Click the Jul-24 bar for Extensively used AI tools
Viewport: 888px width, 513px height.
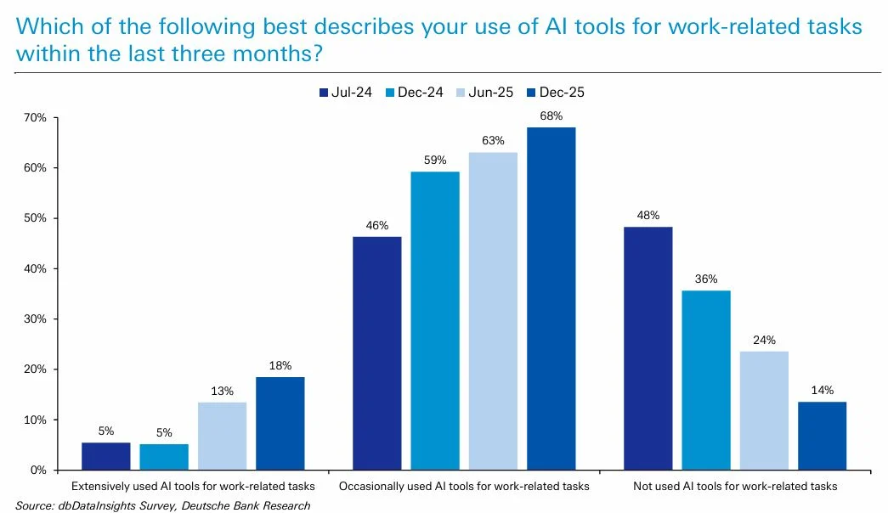[x=106, y=456]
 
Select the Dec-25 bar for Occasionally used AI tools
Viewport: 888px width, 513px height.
[x=551, y=298]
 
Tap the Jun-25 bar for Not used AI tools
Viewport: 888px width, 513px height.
[x=764, y=410]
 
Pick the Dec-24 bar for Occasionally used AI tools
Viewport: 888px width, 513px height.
[x=435, y=320]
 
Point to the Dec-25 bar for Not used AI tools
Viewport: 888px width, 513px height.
[x=822, y=436]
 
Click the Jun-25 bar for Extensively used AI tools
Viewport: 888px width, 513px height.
[x=222, y=436]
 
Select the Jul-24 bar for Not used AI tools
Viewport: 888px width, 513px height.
[x=648, y=348]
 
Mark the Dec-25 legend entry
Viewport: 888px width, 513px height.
[x=557, y=93]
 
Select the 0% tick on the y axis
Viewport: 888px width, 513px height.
[x=37, y=471]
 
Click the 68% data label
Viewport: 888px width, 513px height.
[x=551, y=115]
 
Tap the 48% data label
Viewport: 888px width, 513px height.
[x=648, y=215]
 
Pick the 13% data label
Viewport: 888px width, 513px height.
[x=222, y=390]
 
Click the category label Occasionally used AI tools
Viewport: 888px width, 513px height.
[x=463, y=487]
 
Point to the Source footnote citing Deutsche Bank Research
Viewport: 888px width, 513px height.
[x=162, y=505]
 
